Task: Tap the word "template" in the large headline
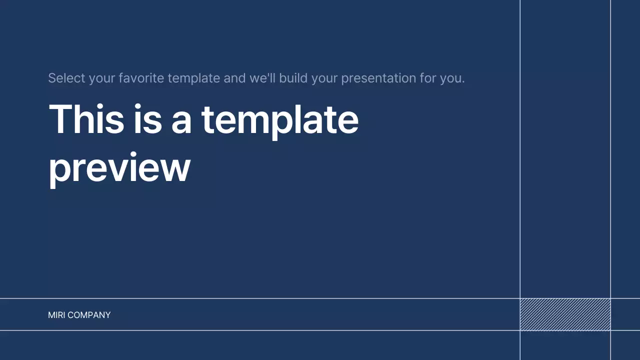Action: click(279, 120)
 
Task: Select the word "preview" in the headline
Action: click(119, 167)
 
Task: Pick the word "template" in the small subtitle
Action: click(193, 78)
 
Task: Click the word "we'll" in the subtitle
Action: click(262, 78)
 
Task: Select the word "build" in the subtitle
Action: click(293, 78)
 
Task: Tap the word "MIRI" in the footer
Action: click(56, 315)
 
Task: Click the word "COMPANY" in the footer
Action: click(89, 315)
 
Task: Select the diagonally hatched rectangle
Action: click(565, 314)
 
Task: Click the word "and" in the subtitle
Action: click(234, 78)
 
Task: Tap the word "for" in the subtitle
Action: click(428, 78)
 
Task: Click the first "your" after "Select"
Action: click(102, 78)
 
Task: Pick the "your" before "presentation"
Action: click(324, 78)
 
